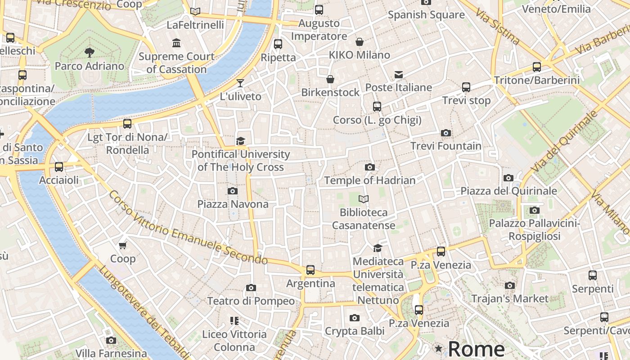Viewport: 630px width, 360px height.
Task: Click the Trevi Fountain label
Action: click(x=446, y=146)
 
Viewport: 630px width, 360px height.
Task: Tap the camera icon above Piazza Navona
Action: click(x=233, y=191)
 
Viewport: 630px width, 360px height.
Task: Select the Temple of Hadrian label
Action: click(x=370, y=180)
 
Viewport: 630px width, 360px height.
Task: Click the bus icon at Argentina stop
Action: click(x=310, y=270)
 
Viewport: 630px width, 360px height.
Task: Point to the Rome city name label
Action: click(x=477, y=349)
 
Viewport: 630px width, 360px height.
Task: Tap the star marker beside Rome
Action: click(x=438, y=348)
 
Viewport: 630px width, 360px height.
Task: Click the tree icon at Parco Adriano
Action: click(x=90, y=52)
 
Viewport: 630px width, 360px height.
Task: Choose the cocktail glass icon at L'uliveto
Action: click(x=240, y=83)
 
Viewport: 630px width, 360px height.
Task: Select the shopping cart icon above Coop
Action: click(x=123, y=246)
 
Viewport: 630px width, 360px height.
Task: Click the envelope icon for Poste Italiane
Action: click(x=399, y=74)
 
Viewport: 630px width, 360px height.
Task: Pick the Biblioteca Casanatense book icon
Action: click(x=364, y=199)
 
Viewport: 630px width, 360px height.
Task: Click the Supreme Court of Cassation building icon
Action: click(x=176, y=43)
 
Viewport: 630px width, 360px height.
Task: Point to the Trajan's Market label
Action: click(x=510, y=298)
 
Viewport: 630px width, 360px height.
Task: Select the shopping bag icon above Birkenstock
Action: click(x=330, y=79)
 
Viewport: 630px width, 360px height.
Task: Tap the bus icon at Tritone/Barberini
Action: click(x=536, y=67)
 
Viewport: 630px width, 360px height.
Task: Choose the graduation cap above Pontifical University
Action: click(x=241, y=141)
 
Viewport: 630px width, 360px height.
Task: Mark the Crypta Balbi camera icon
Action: click(x=355, y=318)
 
